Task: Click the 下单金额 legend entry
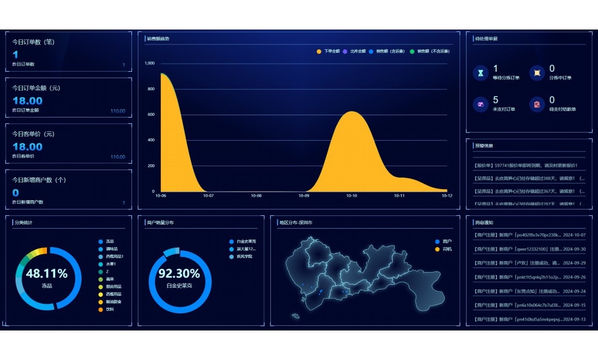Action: click(328, 52)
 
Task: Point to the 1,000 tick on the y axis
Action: click(149, 63)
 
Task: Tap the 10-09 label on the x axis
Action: click(304, 196)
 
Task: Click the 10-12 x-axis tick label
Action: click(447, 196)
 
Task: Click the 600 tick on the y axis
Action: click(151, 115)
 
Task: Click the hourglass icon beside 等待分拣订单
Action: click(480, 73)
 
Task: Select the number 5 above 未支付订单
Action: click(496, 100)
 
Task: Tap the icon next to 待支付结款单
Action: click(537, 104)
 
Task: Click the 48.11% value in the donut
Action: click(47, 274)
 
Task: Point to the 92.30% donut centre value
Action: click(179, 274)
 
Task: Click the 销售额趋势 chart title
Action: click(158, 39)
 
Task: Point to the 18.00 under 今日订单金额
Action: click(28, 101)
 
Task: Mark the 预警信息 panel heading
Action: click(484, 146)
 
